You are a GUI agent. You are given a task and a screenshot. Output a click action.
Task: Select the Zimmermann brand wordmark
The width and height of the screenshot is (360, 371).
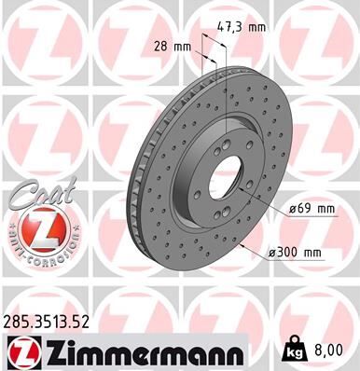[x=138, y=351]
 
